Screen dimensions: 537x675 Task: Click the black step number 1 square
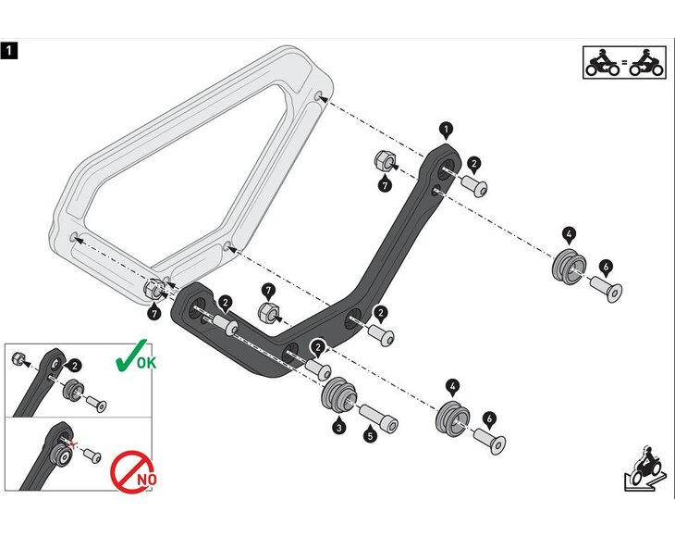click(9, 51)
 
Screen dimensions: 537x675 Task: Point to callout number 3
click(339, 428)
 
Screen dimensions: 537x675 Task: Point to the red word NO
click(146, 479)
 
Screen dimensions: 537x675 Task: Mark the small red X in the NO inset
click(72, 443)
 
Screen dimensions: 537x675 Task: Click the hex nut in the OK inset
click(18, 357)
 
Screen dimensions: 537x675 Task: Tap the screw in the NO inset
click(92, 456)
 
